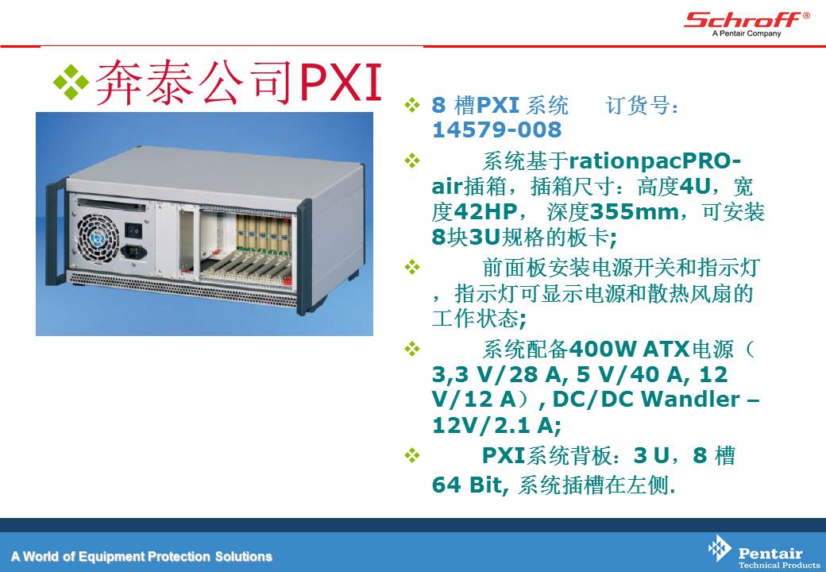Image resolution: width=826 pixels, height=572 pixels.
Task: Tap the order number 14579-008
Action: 496,129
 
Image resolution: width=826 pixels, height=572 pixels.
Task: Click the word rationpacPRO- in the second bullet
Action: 654,160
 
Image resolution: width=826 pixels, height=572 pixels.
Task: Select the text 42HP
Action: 485,212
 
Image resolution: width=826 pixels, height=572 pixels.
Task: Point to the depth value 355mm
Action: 635,212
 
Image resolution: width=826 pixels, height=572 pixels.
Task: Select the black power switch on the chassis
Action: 133,230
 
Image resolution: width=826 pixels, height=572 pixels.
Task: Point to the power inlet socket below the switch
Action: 133,251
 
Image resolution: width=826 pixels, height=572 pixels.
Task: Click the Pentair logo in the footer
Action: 763,552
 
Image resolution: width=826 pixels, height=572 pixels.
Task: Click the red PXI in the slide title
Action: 340,82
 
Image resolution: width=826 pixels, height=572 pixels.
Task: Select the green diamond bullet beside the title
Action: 71,82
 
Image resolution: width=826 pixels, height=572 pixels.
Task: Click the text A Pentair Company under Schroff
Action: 747,33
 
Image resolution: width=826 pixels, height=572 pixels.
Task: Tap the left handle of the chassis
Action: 54,232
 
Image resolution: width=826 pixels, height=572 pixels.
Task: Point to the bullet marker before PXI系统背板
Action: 412,455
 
